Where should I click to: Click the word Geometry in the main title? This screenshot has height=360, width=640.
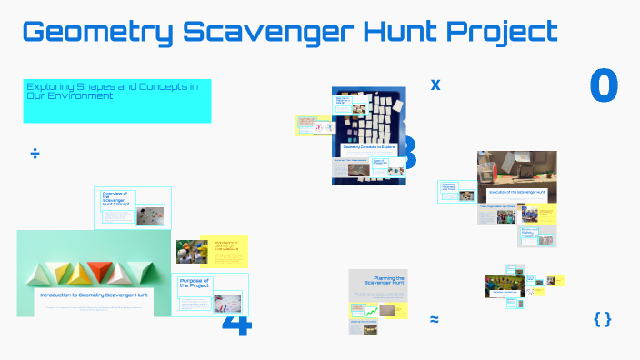click(x=95, y=33)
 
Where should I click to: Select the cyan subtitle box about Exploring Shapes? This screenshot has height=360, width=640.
click(x=117, y=100)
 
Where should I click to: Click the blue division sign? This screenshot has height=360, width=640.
click(x=35, y=154)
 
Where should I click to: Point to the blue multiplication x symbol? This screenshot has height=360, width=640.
click(x=435, y=85)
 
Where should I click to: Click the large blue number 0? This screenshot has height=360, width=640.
click(x=604, y=85)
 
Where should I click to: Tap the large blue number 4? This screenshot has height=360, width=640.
click(x=235, y=325)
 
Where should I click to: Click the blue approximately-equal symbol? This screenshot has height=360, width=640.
click(x=435, y=319)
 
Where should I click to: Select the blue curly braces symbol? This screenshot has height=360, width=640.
click(x=602, y=318)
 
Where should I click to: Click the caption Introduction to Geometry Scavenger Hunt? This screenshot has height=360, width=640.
click(x=95, y=295)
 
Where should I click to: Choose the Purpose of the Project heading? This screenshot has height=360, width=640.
click(x=195, y=282)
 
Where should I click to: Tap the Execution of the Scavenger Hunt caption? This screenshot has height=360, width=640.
click(x=516, y=193)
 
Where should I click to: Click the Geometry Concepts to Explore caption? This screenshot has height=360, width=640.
click(x=367, y=146)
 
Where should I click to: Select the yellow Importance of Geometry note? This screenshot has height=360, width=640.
click(x=225, y=245)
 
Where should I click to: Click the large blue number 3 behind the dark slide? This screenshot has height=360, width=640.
click(x=408, y=154)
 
